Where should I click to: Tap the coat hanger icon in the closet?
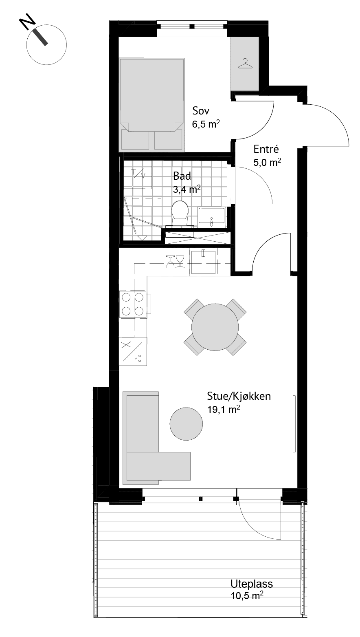[245, 63]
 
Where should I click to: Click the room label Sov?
[201, 110]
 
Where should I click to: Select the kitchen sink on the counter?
[204, 262]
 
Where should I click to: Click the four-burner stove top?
[133, 304]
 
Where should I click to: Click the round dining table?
[215, 327]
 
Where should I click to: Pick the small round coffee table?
[186, 424]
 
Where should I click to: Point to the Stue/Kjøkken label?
[239, 396]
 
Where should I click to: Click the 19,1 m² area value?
[224, 410]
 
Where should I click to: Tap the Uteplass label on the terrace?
[251, 584]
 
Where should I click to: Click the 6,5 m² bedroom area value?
[206, 124]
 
